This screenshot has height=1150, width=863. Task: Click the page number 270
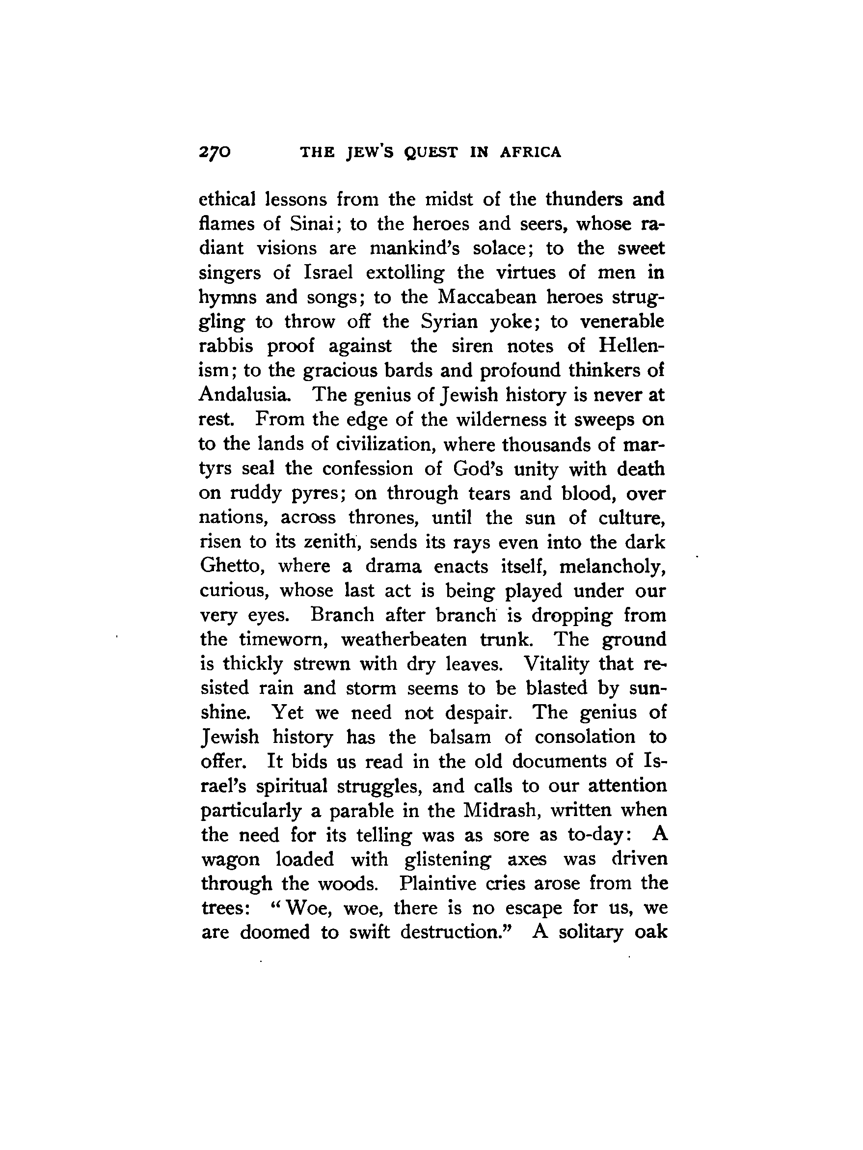tap(214, 152)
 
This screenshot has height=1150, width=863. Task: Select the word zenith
tap(328, 542)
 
